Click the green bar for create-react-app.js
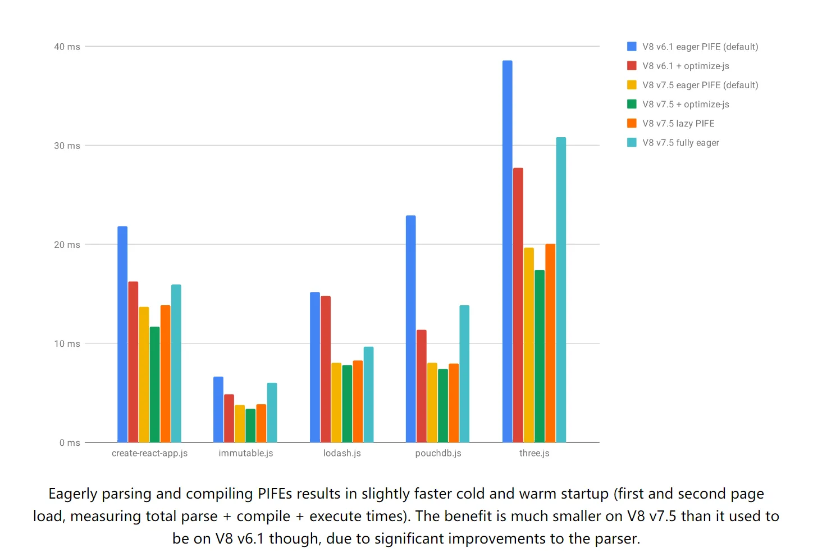pos(154,384)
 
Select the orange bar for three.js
pos(550,343)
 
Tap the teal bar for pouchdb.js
pos(464,374)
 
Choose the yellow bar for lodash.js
pos(336,402)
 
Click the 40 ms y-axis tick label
pos(67,47)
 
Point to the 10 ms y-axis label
pos(67,343)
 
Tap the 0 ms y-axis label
pos(70,443)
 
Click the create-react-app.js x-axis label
pos(149,453)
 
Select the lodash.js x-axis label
pos(342,453)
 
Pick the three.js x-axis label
pos(534,453)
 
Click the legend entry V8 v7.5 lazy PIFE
pos(678,124)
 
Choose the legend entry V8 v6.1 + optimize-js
pos(686,66)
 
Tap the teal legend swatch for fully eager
pos(632,143)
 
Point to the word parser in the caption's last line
pos(616,539)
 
